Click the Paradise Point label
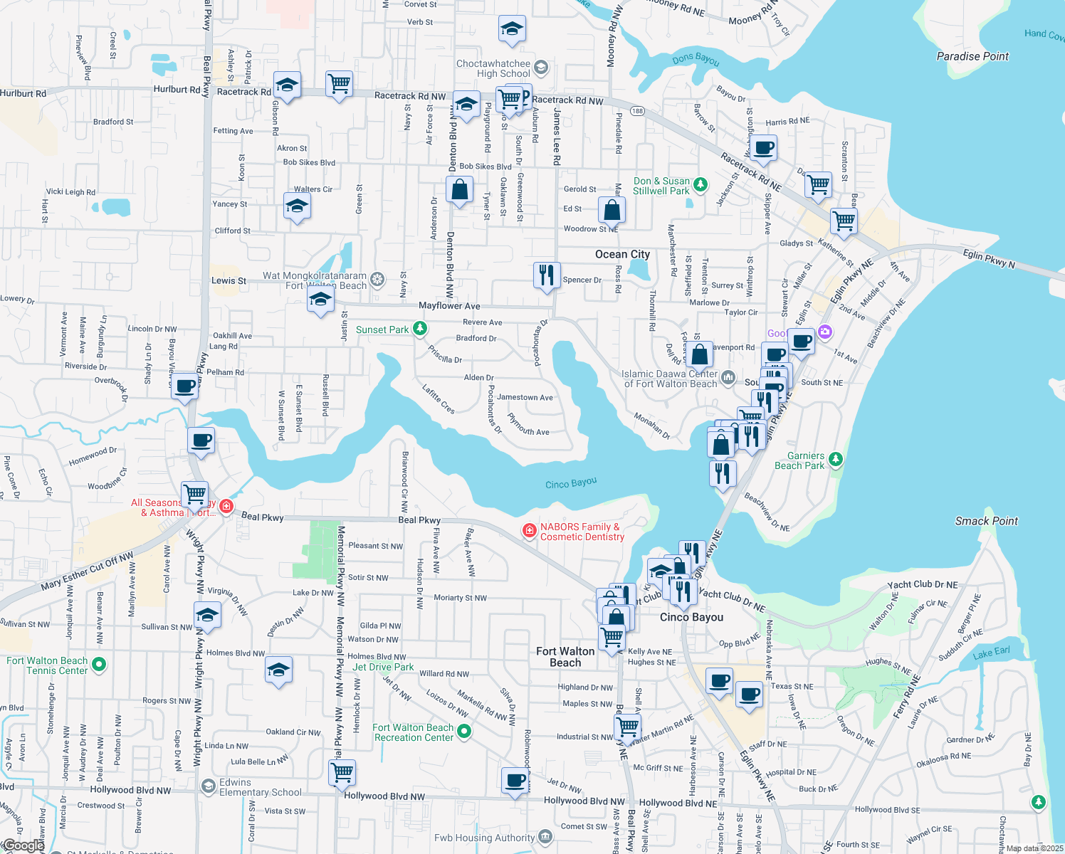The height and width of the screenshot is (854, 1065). click(972, 56)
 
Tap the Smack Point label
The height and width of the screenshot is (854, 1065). click(986, 521)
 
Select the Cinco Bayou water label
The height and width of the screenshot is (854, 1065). click(571, 483)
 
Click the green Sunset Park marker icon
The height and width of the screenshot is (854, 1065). click(420, 328)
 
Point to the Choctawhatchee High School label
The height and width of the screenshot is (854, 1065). click(493, 68)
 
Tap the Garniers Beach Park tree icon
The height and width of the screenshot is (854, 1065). click(836, 460)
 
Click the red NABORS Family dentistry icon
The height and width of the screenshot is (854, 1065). click(529, 530)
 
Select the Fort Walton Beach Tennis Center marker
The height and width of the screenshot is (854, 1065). click(99, 665)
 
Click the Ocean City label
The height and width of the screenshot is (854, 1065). click(622, 254)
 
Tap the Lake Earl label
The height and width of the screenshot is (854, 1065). click(992, 653)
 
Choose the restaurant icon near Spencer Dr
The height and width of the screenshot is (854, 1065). click(547, 275)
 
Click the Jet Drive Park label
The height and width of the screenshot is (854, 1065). click(383, 667)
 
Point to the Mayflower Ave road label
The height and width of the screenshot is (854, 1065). click(449, 305)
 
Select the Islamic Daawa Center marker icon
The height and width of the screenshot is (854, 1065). click(728, 377)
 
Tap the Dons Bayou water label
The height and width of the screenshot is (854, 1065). click(696, 60)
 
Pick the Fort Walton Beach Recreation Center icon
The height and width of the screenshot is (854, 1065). click(464, 731)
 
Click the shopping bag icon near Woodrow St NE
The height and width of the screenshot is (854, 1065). click(612, 210)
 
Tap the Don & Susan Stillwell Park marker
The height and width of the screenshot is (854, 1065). click(701, 184)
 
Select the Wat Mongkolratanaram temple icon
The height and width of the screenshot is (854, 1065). click(377, 280)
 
